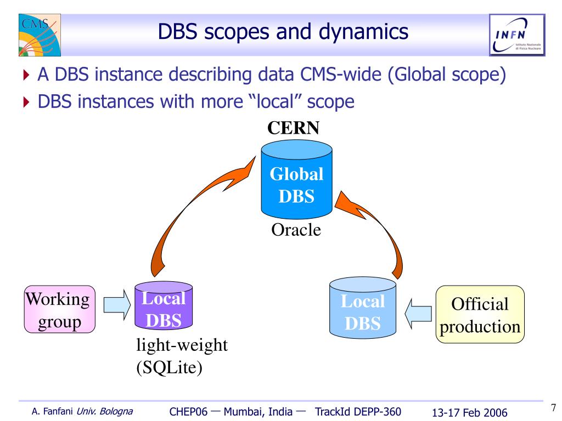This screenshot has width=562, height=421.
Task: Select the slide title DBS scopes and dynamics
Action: pos(283,32)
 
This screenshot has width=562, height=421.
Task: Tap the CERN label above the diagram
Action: pos(293,128)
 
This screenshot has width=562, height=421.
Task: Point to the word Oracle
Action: pos(296,230)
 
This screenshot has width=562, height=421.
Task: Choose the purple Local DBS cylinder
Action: pos(163,308)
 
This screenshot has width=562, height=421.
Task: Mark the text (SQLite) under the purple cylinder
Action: pos(170,367)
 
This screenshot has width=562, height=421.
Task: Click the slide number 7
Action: pos(553,407)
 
